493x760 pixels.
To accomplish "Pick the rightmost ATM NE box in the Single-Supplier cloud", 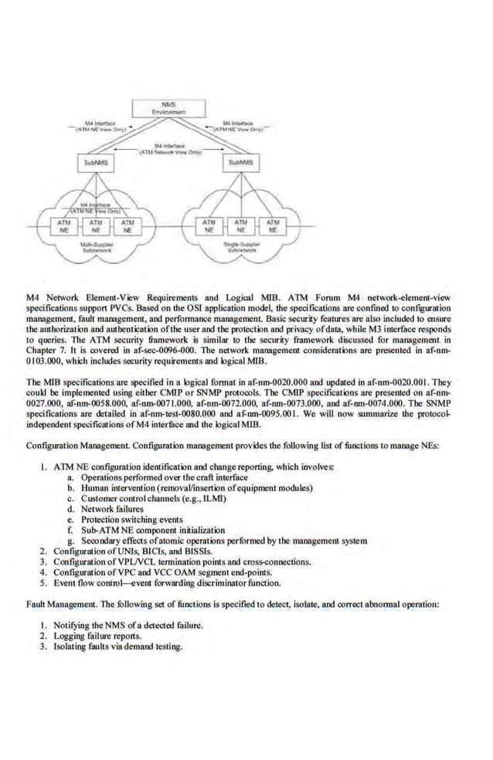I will [x=272, y=226].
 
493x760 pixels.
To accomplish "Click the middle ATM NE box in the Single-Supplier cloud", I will [x=241, y=226].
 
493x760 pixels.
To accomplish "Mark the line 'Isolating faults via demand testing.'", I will [x=118, y=646].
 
